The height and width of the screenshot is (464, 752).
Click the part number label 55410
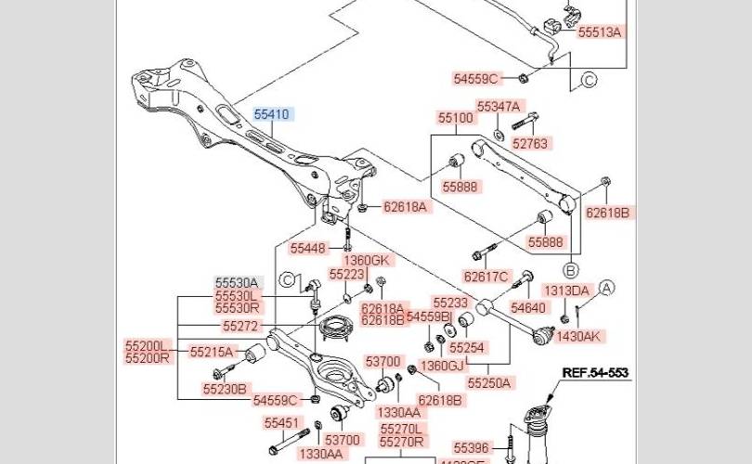272,115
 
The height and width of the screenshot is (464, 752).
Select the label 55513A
599,32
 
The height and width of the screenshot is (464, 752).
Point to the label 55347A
499,107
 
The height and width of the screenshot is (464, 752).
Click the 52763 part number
530,144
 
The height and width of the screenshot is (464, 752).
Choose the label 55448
308,248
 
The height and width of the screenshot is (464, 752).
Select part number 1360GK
369,260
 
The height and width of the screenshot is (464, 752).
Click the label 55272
241,327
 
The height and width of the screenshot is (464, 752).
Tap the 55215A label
214,352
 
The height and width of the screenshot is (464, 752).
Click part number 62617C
486,276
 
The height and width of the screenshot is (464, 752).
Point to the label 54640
528,307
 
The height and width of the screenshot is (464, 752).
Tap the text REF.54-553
595,373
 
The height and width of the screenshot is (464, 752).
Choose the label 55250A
492,382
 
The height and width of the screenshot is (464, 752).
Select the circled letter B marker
570,270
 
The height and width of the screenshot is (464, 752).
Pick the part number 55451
281,423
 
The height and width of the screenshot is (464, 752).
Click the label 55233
450,303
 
